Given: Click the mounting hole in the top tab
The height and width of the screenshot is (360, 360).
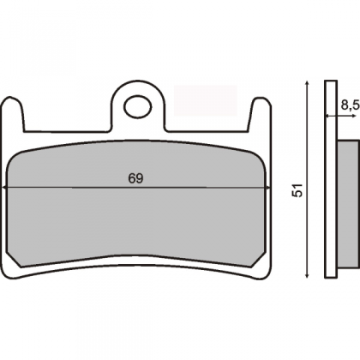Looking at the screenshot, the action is click(138, 106).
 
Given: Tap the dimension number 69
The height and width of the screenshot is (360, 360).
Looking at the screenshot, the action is click(135, 178).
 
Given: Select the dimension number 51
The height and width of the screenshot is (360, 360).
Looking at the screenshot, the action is click(297, 190).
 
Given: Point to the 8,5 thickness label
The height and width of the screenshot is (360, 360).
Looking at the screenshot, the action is click(350, 105).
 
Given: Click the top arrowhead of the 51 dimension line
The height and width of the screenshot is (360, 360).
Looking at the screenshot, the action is click(307, 83).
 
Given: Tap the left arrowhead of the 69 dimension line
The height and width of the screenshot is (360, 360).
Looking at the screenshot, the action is click(4, 188).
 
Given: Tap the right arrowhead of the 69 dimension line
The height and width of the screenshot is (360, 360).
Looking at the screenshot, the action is click(267, 188).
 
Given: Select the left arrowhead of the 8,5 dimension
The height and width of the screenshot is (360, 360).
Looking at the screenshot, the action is click(327, 116).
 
